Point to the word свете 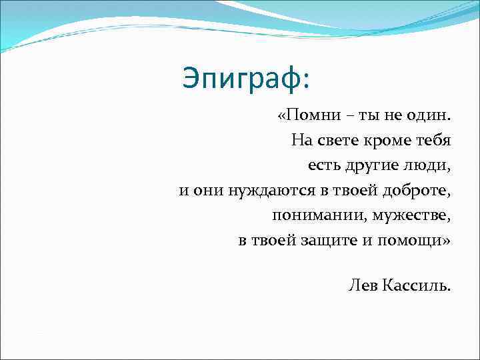[337, 141]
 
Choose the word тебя [431, 141]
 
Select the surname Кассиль [417, 285]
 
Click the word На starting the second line [301, 141]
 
